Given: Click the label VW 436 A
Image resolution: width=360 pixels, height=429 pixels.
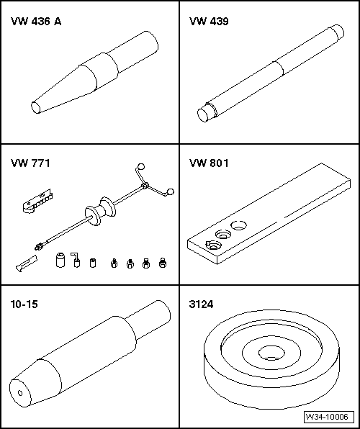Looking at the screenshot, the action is point(36,22).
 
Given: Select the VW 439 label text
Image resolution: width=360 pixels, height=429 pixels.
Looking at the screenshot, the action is point(209,22).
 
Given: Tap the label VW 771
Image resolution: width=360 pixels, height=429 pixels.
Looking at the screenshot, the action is point(30,163).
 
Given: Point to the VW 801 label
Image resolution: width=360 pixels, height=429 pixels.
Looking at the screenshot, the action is point(209,163).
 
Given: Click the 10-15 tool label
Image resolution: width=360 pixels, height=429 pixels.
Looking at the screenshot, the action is point(24,304).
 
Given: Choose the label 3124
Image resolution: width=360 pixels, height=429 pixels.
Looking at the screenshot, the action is point(201,304).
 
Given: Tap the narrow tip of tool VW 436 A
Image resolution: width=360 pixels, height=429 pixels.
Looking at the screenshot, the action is point(35,107).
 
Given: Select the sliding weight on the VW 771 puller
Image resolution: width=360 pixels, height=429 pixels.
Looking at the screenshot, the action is point(100,211).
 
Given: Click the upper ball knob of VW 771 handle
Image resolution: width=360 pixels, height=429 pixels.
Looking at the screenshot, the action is point(141,166).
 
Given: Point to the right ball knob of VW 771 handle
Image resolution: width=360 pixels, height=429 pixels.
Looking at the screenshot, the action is point(171,191).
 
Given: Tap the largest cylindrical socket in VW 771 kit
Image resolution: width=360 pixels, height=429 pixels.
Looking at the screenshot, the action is point(60,260).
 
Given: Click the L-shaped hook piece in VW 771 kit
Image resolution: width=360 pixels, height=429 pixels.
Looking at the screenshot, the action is point(76,260).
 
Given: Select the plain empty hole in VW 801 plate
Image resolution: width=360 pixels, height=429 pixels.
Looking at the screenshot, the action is point(239,225).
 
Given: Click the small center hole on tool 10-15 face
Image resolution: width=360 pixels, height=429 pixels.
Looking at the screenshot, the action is point(20,393).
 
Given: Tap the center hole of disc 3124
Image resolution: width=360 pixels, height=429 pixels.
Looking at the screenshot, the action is point(271,353).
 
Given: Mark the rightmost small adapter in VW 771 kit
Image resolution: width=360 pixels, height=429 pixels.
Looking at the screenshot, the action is point(163,263).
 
